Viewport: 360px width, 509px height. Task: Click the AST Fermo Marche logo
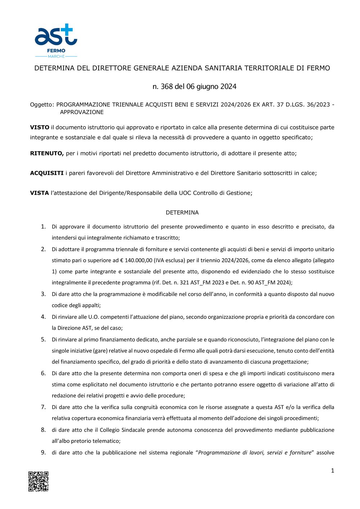tap(56, 41)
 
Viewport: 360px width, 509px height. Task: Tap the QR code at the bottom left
tap(39, 481)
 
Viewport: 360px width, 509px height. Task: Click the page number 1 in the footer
tap(332, 471)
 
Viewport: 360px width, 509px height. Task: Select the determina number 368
tap(167, 87)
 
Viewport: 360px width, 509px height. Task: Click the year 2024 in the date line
tap(228, 87)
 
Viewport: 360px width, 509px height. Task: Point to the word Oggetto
tap(42, 105)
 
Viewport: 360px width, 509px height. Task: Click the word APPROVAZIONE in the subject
tap(82, 112)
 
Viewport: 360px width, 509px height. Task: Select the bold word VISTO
tap(40, 127)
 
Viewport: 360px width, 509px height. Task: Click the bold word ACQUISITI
tap(47, 173)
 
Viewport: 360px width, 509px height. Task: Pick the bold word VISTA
tap(39, 193)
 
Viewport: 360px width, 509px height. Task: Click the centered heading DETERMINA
tap(182, 213)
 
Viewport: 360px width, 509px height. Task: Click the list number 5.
tap(43, 340)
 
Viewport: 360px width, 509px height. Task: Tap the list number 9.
tap(43, 453)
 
